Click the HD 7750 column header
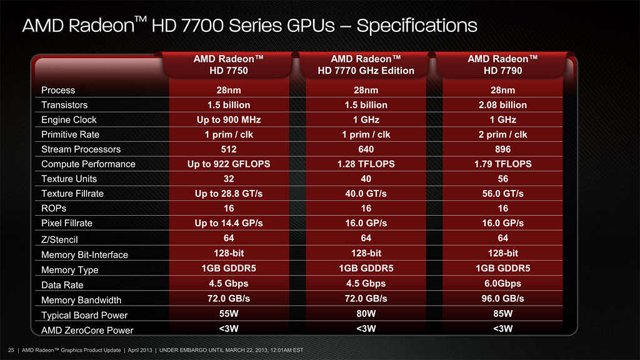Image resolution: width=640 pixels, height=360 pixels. (x=228, y=64)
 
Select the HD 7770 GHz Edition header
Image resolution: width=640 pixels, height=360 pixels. (x=366, y=64)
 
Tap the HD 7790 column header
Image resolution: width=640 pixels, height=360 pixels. (x=502, y=64)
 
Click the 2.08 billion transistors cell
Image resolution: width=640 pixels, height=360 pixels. (x=502, y=105)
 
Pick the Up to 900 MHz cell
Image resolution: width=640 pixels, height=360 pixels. (x=228, y=119)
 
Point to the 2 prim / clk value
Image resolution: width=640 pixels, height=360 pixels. (x=502, y=134)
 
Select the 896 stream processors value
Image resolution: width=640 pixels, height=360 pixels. (x=502, y=149)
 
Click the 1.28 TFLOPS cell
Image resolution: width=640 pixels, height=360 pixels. (x=366, y=164)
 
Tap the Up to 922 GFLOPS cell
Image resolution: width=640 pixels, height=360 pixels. (x=228, y=164)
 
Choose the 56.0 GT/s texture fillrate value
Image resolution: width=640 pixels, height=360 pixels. (x=502, y=194)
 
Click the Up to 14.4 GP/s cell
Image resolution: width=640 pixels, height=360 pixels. (x=228, y=223)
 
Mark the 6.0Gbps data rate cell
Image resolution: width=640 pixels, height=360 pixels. (x=502, y=283)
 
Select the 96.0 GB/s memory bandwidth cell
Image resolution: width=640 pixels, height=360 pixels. (x=502, y=298)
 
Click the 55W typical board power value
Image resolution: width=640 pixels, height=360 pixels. (x=228, y=313)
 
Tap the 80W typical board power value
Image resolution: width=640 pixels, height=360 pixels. (x=366, y=313)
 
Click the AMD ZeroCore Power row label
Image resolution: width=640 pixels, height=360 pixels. (x=87, y=330)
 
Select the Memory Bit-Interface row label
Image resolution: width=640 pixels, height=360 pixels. (x=84, y=254)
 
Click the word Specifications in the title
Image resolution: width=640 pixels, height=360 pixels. (x=417, y=26)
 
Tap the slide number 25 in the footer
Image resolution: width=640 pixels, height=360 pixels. (x=11, y=349)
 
